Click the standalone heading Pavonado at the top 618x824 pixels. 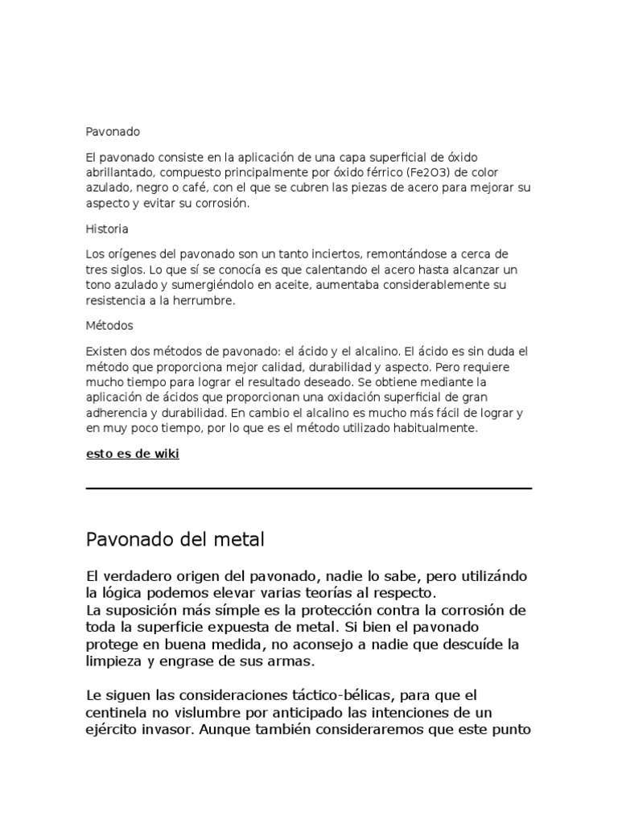(x=113, y=130)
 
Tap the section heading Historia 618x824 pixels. (x=107, y=229)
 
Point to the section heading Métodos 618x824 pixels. (x=109, y=326)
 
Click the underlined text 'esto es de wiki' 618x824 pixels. (x=133, y=454)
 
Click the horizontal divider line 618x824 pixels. (x=309, y=488)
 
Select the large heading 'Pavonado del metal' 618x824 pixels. (x=175, y=539)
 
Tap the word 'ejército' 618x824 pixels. (x=113, y=731)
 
